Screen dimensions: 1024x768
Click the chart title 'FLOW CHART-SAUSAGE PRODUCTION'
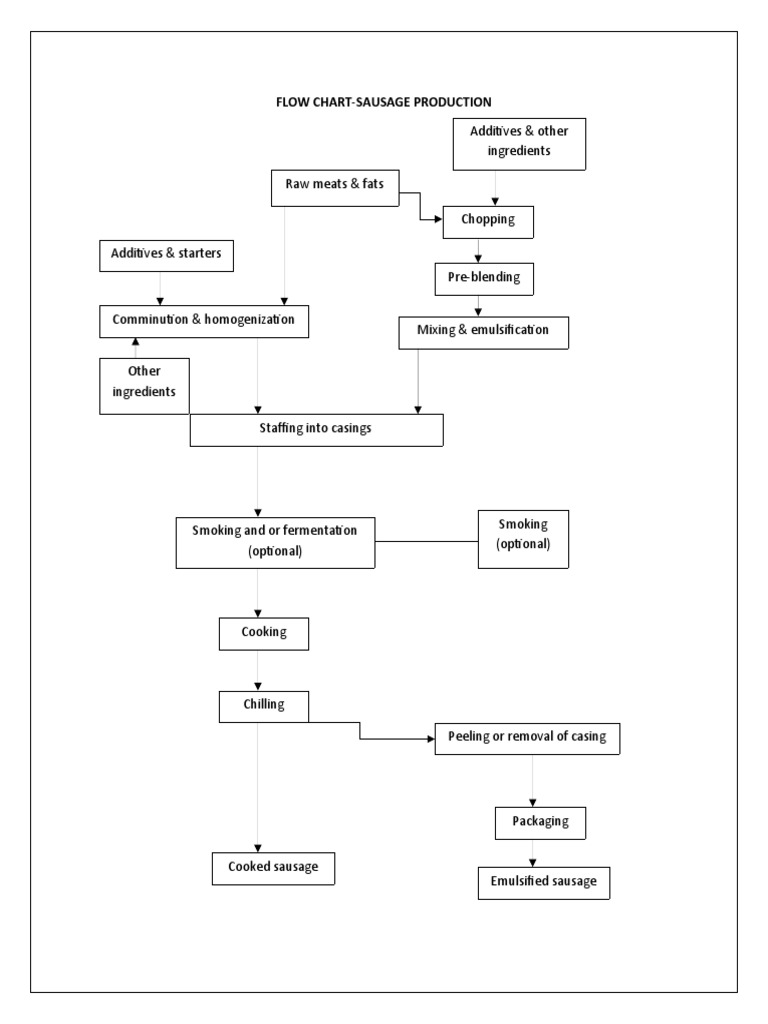click(x=383, y=102)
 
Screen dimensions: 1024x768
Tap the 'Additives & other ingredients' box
click(x=517, y=142)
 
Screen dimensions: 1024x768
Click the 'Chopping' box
click(x=488, y=222)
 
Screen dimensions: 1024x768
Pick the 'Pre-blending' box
click(x=484, y=279)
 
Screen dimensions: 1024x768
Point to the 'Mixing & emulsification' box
click(x=483, y=331)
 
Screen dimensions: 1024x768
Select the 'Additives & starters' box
click(x=167, y=255)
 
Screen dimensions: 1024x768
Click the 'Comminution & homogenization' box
click(x=203, y=320)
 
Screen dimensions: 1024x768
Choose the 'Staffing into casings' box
click(x=316, y=430)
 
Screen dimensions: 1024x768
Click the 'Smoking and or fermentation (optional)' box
click(x=275, y=543)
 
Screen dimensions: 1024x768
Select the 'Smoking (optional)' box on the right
click(x=523, y=541)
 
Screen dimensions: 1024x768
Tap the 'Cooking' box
click(x=264, y=634)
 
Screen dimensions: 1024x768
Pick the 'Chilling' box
click(x=264, y=706)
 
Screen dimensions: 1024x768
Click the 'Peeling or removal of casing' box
click(x=535, y=739)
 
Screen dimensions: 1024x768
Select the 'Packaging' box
click(x=540, y=822)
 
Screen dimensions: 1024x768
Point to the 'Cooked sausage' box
click(x=273, y=868)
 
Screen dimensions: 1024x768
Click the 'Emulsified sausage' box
click(x=543, y=883)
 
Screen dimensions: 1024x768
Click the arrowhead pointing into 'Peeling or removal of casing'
click(x=431, y=740)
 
